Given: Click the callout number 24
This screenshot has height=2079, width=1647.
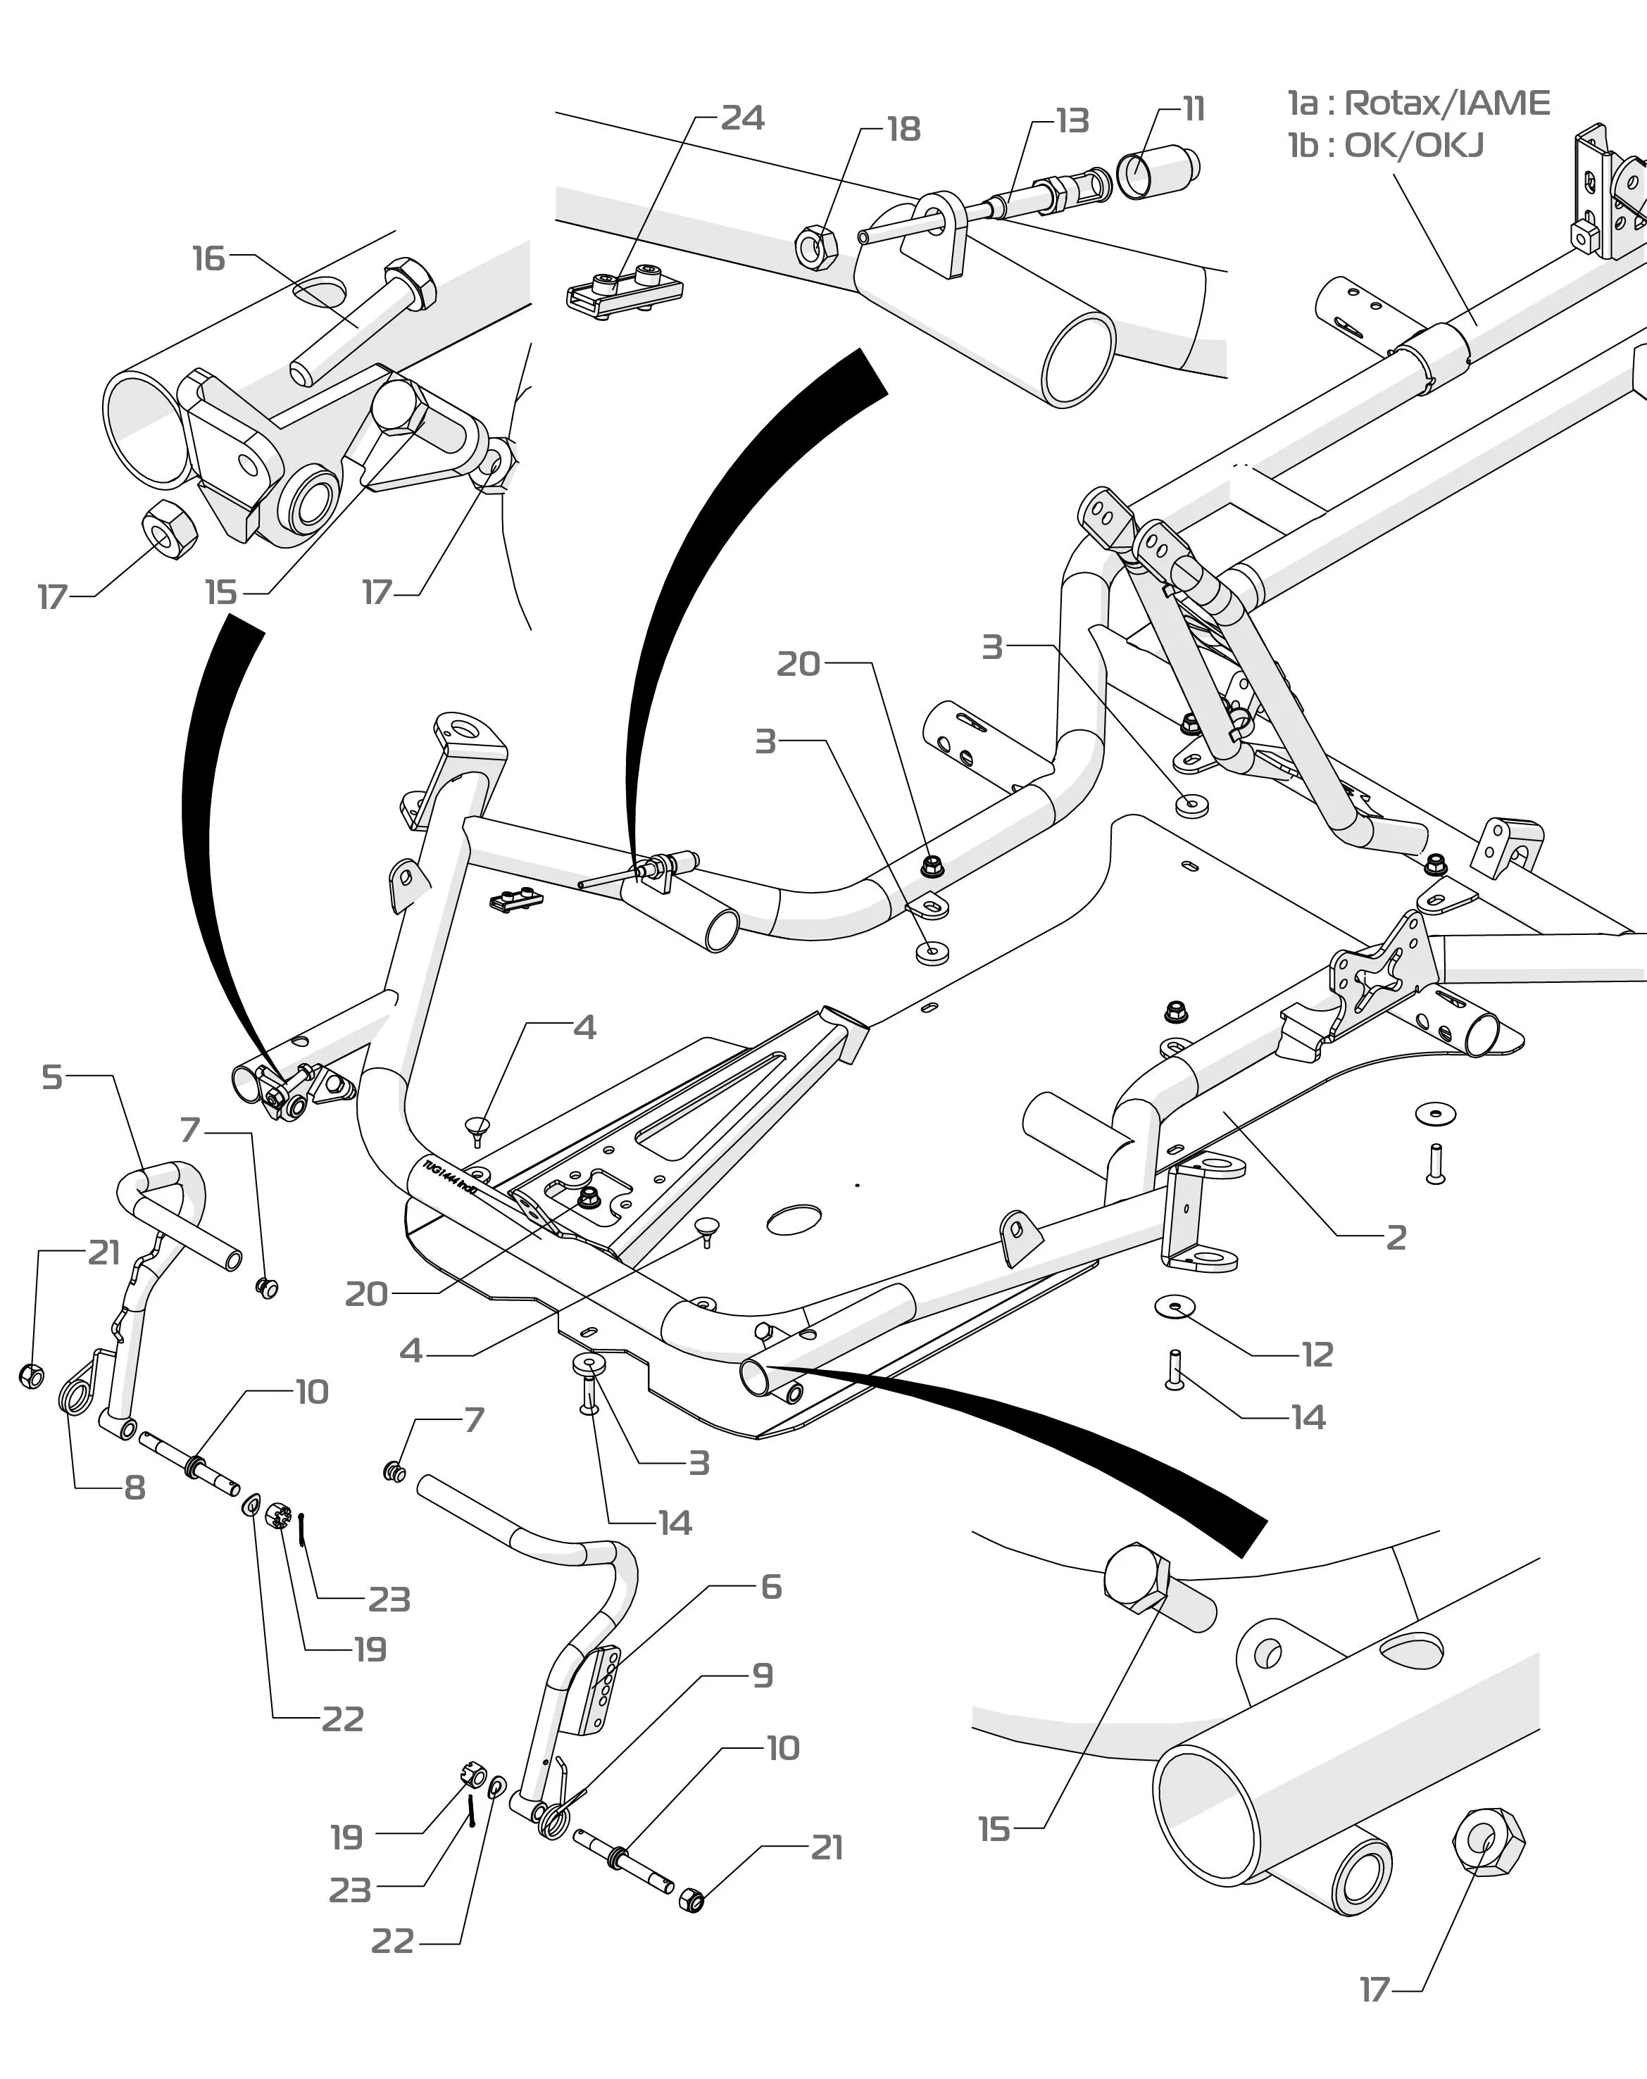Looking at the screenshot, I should pos(742,118).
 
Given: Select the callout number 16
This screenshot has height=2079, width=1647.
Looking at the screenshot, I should pos(208,258).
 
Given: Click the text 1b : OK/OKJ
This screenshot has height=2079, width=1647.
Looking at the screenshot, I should pos(1386,146).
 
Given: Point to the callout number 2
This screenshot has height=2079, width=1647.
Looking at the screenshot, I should pos(1396,1237).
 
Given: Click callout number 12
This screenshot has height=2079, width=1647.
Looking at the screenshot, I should pos(1317,1355).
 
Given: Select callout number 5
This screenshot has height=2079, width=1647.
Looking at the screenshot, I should pos(52,1077).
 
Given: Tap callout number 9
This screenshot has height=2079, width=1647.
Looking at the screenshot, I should pos(762,1675).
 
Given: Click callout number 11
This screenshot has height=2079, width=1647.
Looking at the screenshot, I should pos(1194,109).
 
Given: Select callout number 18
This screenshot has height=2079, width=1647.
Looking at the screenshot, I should pos(903,130).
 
